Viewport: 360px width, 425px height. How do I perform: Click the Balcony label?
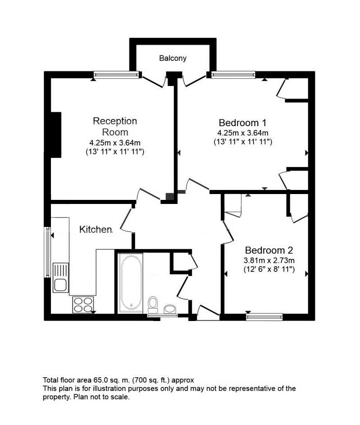tap(173, 58)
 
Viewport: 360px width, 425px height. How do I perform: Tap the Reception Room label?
tap(115, 127)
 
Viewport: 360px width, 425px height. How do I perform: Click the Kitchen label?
tap(96, 230)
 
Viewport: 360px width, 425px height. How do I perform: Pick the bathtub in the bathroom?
tap(130, 283)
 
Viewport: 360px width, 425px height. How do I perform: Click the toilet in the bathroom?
tap(153, 304)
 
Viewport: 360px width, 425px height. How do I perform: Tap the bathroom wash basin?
tap(170, 309)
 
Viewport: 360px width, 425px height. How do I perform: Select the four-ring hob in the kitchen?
tap(82, 305)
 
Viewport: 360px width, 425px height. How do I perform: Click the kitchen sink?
tap(60, 277)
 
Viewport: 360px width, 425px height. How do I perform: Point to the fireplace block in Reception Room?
tap(55, 135)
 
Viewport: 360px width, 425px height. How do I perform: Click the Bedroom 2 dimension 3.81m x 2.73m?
tap(269, 261)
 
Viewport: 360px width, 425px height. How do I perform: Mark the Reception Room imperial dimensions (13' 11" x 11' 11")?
tap(114, 152)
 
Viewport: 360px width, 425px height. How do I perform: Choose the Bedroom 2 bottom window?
tap(264, 316)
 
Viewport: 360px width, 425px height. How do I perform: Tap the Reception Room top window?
tap(117, 75)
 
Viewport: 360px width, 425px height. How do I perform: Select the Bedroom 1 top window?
tap(233, 75)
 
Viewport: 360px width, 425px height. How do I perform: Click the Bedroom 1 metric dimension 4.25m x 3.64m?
tap(243, 133)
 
